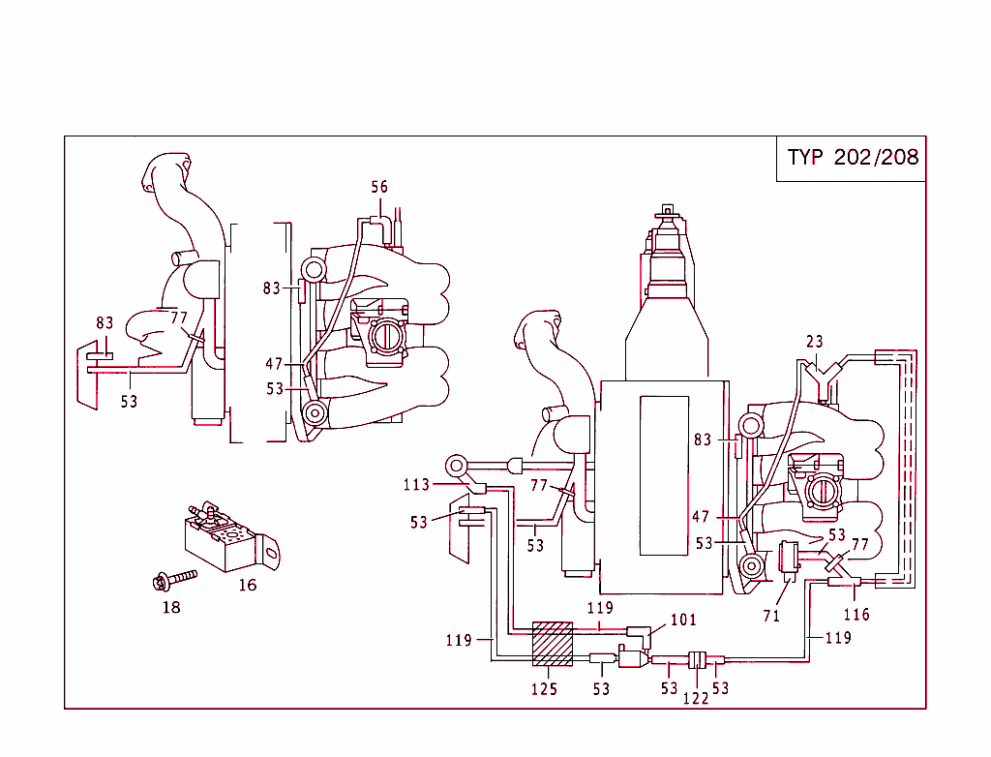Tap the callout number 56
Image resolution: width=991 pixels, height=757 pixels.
tap(379, 187)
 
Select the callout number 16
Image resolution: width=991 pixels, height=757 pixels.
tap(248, 585)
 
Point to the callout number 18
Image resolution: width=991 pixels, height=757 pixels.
tap(171, 607)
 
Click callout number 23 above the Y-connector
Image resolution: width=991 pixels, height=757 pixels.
tap(815, 341)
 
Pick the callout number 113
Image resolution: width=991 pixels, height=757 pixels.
tap(416, 485)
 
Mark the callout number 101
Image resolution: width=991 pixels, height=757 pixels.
tap(683, 620)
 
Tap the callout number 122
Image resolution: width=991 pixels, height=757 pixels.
tap(697, 698)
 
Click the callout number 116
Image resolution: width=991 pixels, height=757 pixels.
tap(856, 615)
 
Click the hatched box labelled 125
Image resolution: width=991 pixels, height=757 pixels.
tap(553, 646)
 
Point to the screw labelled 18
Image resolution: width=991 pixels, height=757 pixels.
tap(174, 581)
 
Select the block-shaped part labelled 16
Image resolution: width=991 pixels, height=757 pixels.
tap(223, 537)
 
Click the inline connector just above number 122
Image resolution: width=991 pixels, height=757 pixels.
tap(696, 661)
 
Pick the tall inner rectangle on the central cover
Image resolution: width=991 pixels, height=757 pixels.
tap(663, 474)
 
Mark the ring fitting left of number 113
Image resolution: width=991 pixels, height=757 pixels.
tap(457, 463)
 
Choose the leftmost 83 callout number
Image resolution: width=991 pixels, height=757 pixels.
tap(105, 323)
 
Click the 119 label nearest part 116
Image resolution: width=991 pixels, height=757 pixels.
tap(838, 638)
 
